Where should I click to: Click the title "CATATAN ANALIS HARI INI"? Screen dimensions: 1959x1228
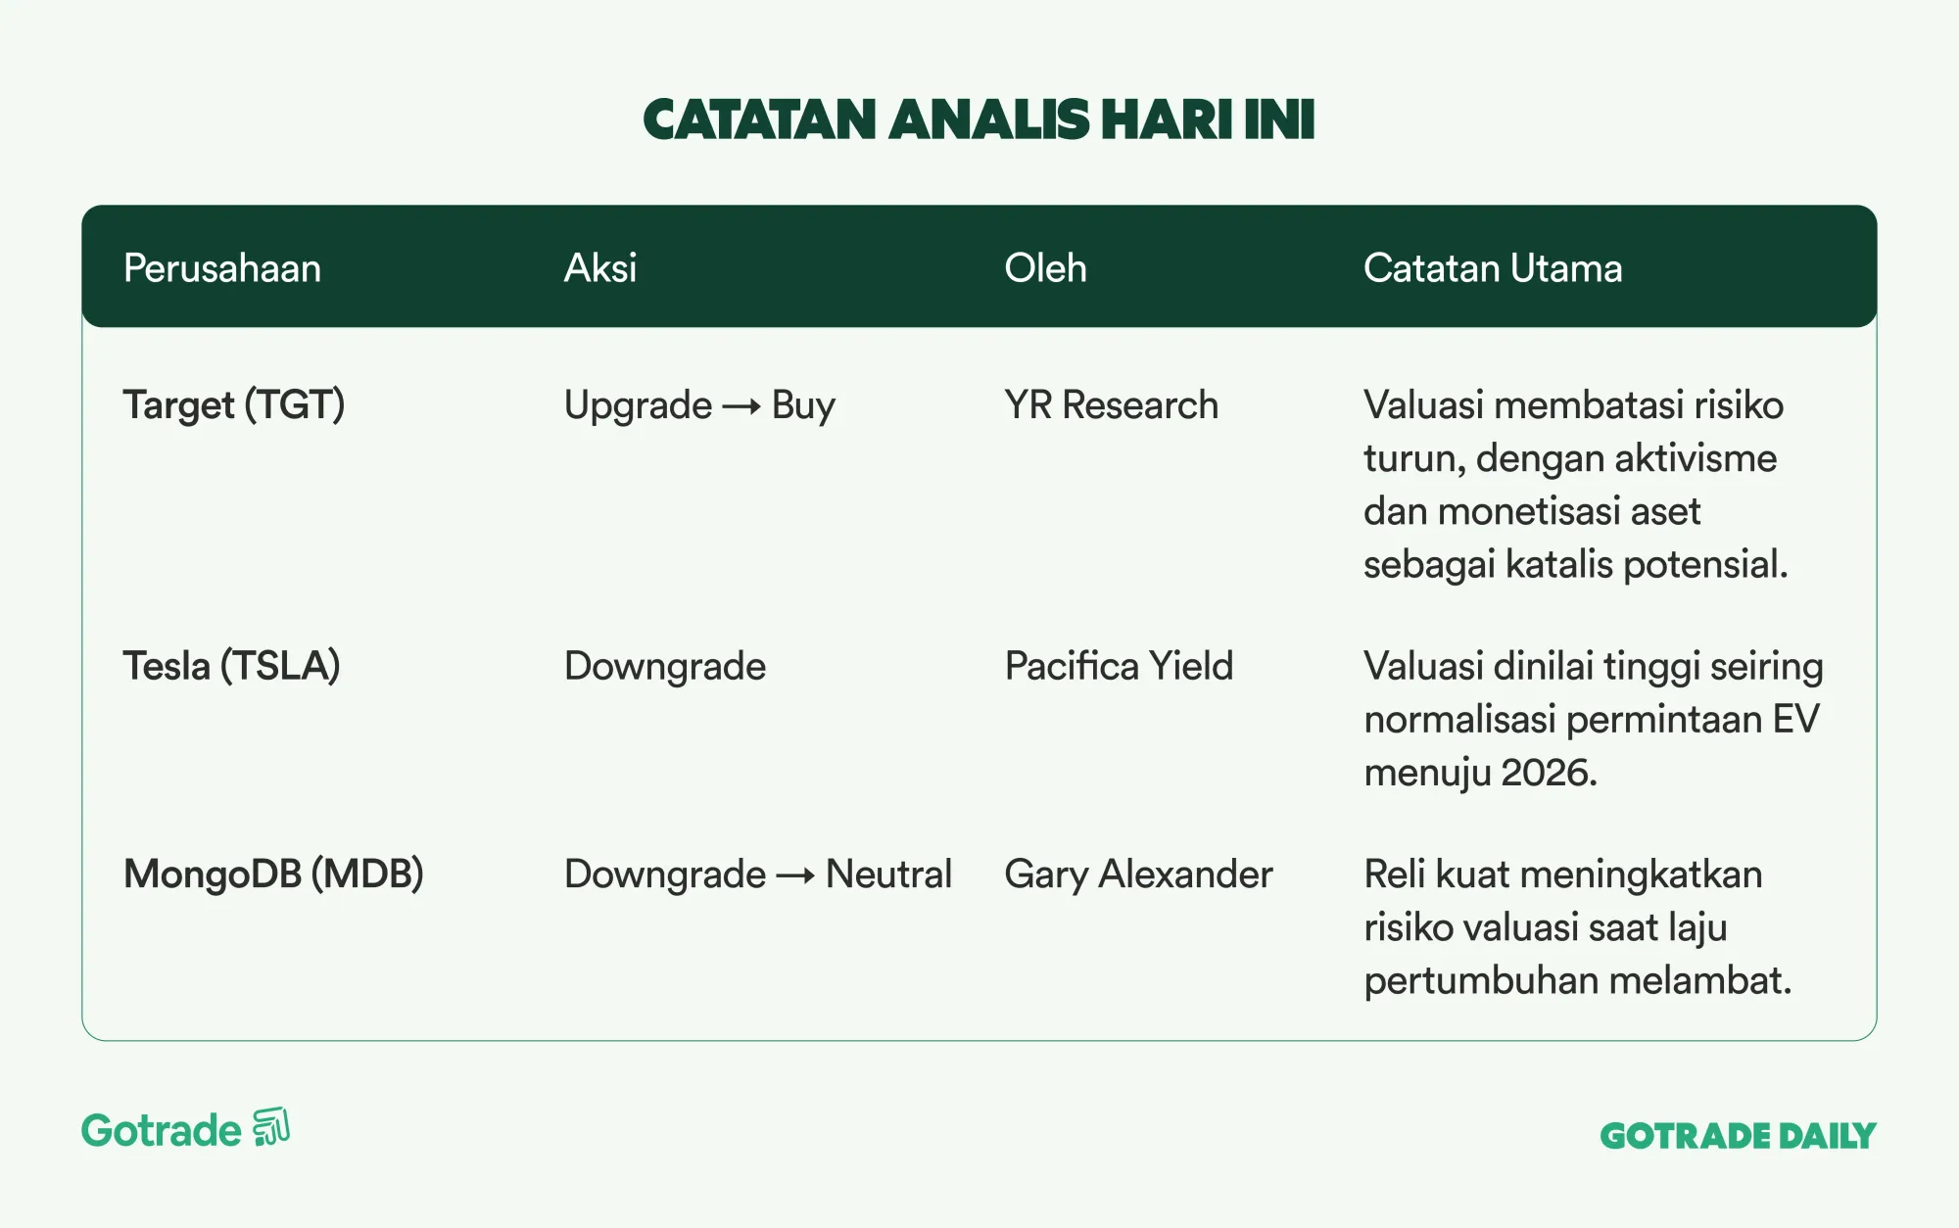point(979,119)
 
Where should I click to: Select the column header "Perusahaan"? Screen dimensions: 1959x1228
point(222,268)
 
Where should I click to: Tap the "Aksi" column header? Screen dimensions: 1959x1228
point(600,268)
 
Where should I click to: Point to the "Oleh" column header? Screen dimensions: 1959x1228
point(1045,268)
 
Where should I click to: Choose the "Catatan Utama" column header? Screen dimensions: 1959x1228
point(1493,268)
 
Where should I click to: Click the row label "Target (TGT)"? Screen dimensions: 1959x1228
point(234,405)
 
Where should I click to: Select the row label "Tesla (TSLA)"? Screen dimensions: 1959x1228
point(231,667)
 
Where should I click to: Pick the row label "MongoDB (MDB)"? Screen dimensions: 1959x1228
point(273,874)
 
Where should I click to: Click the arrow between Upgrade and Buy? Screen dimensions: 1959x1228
point(741,406)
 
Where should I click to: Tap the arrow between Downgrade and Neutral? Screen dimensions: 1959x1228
point(795,875)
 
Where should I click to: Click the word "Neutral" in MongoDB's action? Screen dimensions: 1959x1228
point(888,874)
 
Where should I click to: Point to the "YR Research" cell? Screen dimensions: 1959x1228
point(1112,405)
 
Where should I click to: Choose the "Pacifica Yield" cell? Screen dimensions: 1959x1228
point(1119,667)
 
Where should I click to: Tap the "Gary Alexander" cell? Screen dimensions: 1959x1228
point(1138,874)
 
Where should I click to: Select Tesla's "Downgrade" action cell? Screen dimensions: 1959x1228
point(665,667)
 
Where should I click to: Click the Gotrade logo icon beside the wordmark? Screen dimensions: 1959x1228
point(271,1127)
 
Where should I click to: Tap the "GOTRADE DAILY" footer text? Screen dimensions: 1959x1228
point(1738,1136)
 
